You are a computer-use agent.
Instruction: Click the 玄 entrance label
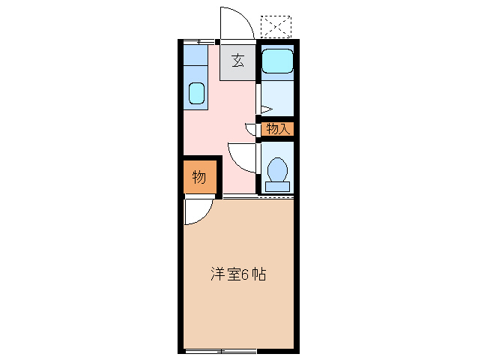(238, 61)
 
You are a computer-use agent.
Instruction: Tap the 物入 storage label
(277, 129)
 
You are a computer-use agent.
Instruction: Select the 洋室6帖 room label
(238, 274)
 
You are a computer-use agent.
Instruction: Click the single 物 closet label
(199, 178)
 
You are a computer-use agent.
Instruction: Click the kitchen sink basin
(196, 93)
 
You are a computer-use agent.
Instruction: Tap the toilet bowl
(277, 168)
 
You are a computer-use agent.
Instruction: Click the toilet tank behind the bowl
(277, 185)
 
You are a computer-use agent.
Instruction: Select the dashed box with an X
(276, 27)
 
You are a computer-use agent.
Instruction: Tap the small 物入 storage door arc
(250, 128)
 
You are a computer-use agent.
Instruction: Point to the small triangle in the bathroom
(264, 109)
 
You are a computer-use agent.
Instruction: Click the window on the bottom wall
(221, 351)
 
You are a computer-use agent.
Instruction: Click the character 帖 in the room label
(258, 274)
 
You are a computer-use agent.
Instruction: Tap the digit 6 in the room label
(244, 274)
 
